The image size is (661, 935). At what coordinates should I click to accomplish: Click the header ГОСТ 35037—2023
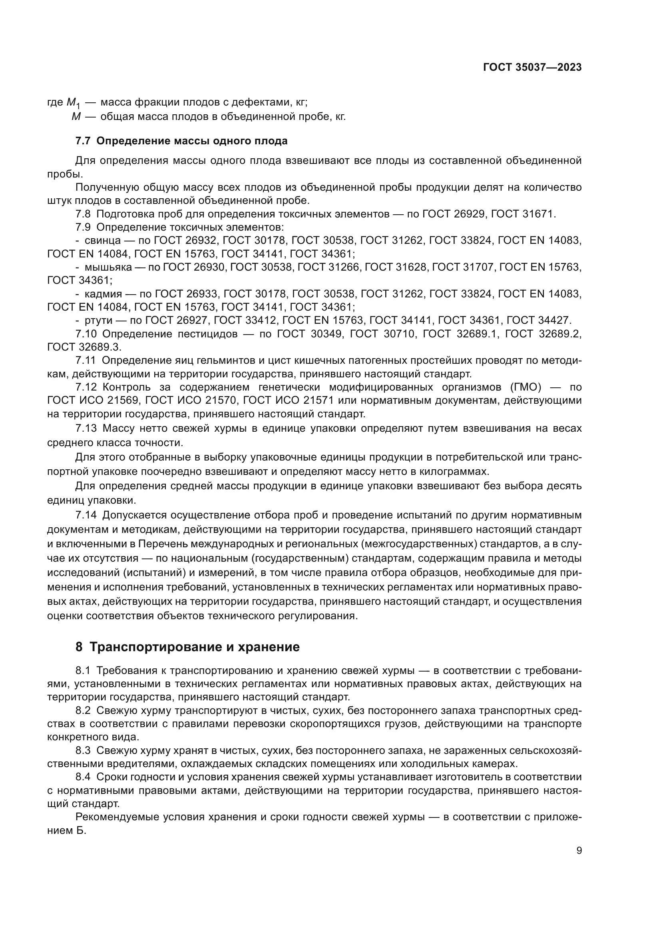coord(532,68)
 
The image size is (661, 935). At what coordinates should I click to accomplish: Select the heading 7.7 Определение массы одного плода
coord(181,141)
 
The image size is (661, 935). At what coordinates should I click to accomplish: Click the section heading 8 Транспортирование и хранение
coord(188,647)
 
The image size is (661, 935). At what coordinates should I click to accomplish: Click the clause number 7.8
coord(83,214)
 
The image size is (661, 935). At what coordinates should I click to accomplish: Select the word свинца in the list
coord(103,240)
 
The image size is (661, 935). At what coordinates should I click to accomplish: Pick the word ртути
coord(98,320)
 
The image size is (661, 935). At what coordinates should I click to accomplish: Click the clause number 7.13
coord(86,429)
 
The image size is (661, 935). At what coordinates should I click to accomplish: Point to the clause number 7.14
coord(86,515)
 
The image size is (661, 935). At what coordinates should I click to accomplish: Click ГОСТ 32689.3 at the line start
coord(84,347)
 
